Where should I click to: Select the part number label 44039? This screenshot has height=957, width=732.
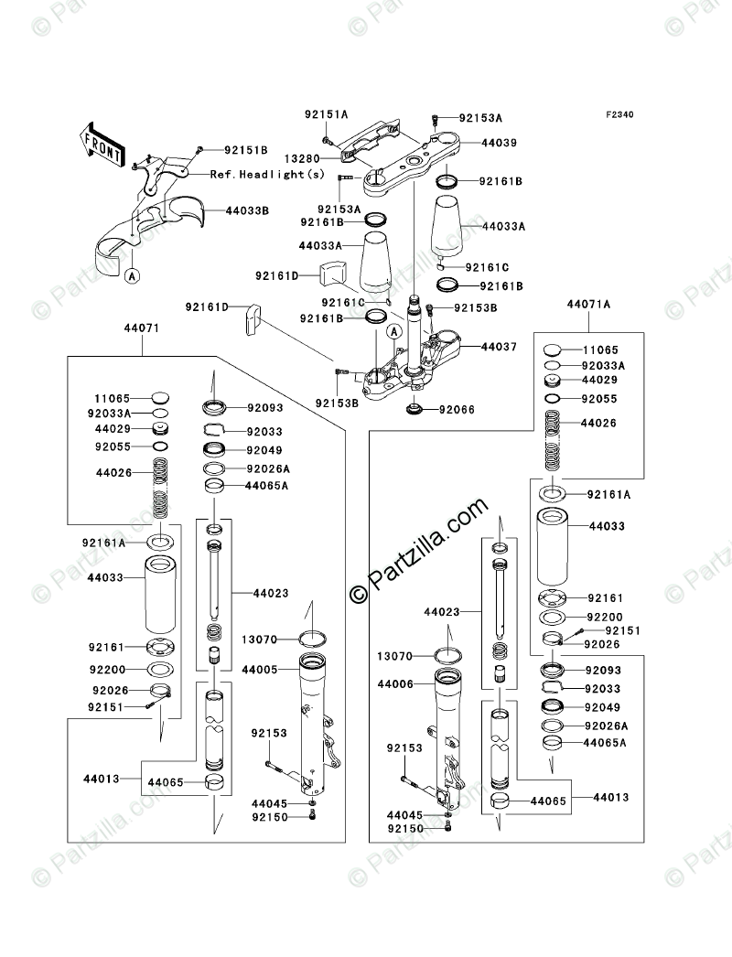click(473, 143)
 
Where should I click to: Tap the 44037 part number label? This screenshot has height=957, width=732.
click(474, 348)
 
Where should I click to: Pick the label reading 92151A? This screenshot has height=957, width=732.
click(327, 114)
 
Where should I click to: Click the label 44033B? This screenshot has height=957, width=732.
click(247, 210)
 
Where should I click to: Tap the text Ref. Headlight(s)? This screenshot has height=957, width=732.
click(267, 174)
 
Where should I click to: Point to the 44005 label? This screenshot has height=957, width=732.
click(261, 671)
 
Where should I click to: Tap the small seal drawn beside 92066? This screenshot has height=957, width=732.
click(413, 408)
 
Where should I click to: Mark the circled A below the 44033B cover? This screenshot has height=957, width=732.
click(132, 274)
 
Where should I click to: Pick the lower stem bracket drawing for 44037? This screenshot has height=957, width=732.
click(403, 366)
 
